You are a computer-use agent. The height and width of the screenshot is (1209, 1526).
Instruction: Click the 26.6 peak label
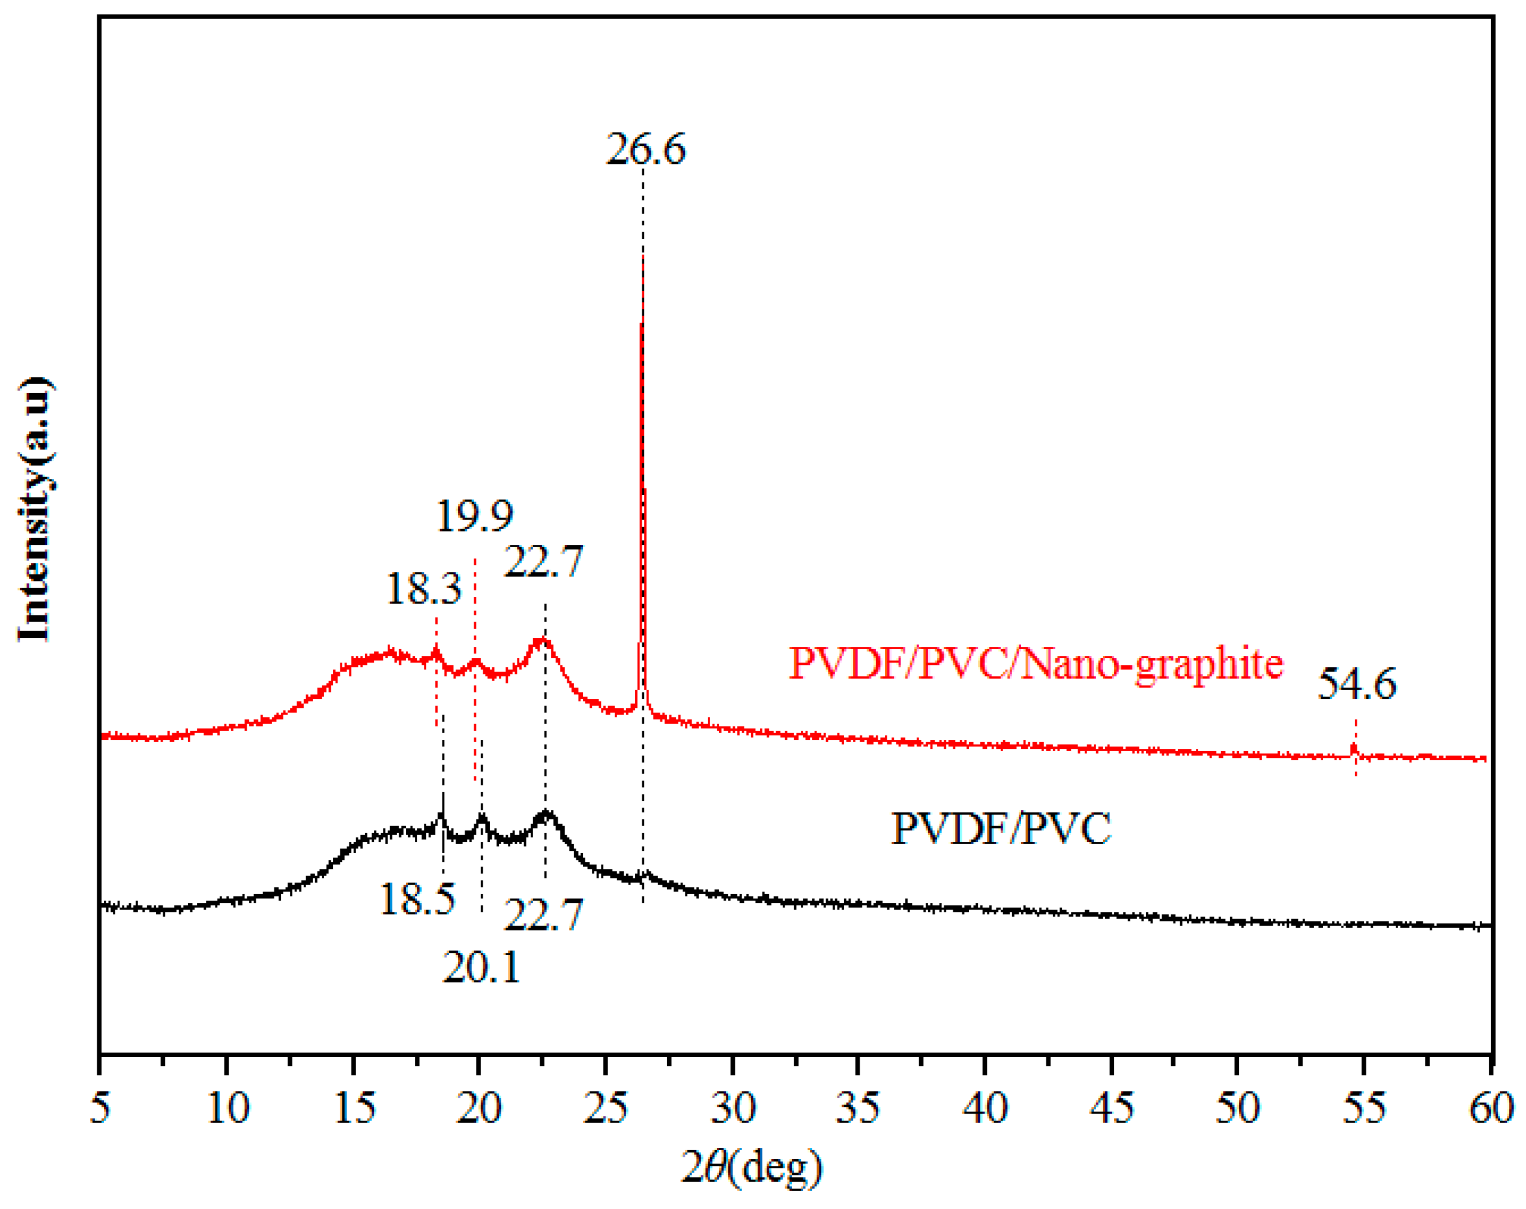(645, 150)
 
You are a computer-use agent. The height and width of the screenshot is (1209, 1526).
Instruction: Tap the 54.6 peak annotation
(1356, 684)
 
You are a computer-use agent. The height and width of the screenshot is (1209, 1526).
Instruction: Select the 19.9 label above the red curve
(474, 516)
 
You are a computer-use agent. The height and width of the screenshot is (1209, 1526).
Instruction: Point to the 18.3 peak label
(423, 589)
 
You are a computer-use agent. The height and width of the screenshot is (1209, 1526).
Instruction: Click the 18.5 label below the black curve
(417, 900)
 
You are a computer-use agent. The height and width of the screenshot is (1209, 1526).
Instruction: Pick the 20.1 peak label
(481, 967)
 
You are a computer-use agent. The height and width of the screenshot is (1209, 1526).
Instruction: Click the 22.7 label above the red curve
(543, 562)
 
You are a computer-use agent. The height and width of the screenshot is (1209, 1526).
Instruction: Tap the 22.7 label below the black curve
(543, 915)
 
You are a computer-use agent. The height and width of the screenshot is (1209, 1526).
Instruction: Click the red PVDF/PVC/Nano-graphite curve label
(1036, 664)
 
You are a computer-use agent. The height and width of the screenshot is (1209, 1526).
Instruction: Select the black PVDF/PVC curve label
(1001, 829)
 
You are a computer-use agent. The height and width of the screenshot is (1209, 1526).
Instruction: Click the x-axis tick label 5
(100, 1107)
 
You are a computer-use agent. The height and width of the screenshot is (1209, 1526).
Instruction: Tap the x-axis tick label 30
(732, 1107)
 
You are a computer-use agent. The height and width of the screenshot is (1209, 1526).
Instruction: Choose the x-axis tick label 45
(1111, 1107)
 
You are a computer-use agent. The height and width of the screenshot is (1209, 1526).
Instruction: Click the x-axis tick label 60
(1491, 1107)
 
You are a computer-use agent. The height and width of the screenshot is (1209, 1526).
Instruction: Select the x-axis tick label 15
(353, 1107)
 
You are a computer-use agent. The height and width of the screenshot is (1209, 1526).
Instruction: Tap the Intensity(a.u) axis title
(34, 509)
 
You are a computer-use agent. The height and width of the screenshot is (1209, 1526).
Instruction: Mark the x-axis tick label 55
(1364, 1107)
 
